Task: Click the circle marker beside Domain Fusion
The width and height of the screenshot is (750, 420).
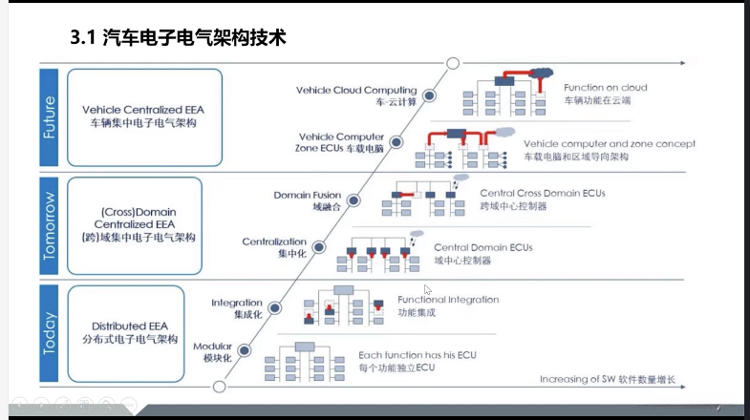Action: click(x=353, y=200)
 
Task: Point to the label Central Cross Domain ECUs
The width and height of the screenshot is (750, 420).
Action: click(x=542, y=193)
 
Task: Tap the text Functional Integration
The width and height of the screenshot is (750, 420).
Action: click(x=448, y=300)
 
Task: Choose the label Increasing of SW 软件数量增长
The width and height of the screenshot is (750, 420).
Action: click(x=608, y=379)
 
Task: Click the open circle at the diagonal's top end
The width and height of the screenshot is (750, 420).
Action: click(x=454, y=64)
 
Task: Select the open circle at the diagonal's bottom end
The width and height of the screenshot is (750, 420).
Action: click(x=220, y=387)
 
